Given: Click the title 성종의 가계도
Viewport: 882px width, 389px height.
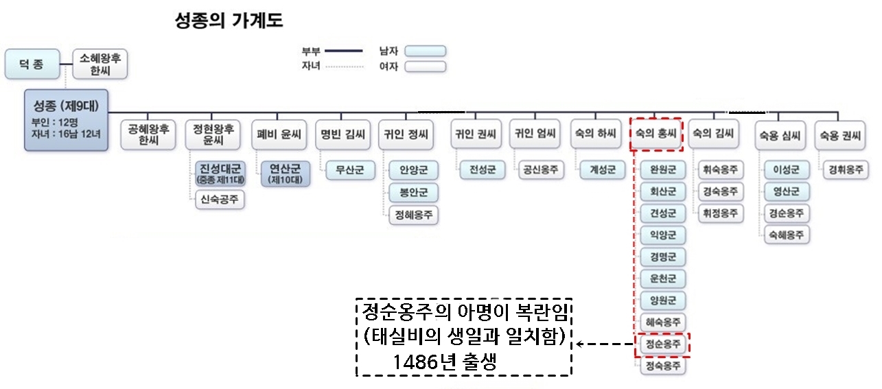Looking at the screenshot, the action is [230, 21].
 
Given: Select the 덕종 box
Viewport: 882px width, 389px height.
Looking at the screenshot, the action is [30, 64].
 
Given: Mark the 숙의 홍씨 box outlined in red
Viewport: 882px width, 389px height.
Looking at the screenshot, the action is [658, 134].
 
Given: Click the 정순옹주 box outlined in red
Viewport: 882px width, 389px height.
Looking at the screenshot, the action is [662, 344].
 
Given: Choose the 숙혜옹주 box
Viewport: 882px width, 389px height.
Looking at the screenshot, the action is [786, 235].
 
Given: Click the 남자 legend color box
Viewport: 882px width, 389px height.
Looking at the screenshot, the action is [425, 51].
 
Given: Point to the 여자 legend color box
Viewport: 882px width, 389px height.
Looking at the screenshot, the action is [425, 67].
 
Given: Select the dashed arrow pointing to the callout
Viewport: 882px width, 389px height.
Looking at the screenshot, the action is [604, 344].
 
